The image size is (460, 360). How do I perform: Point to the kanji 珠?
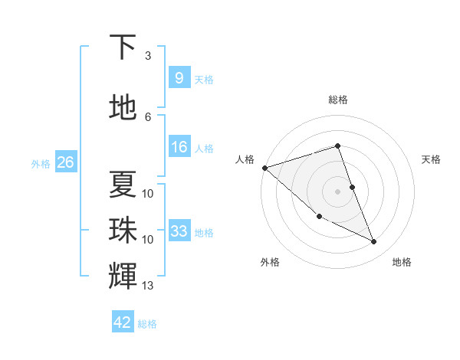[x=123, y=230]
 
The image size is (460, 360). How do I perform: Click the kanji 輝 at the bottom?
[x=123, y=274]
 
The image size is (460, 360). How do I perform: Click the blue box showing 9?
[x=179, y=77]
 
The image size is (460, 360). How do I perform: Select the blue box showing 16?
[x=179, y=147]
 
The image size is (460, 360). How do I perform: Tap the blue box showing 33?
[x=179, y=231]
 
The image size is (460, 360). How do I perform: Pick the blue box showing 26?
[x=65, y=162]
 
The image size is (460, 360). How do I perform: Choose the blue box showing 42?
[x=123, y=322]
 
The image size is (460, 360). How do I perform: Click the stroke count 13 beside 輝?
[x=148, y=286]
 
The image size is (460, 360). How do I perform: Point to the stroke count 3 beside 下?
[x=148, y=56]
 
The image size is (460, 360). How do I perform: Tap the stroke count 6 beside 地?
[x=148, y=117]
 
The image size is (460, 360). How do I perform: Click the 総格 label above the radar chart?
[x=338, y=100]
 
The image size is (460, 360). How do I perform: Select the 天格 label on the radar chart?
[x=432, y=159]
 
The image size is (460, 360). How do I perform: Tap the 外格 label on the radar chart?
[x=270, y=262]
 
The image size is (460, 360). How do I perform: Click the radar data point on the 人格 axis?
[x=264, y=168]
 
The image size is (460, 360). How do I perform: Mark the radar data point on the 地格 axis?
[x=374, y=242]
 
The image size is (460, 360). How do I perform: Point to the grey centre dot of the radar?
[x=338, y=191]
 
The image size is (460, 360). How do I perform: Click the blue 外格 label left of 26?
[x=40, y=163]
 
